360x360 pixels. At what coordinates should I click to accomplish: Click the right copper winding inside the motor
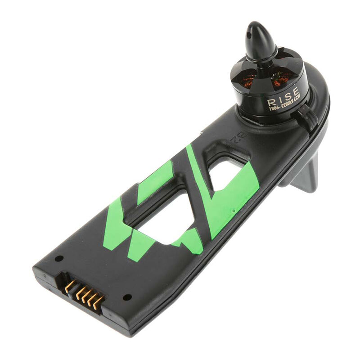tap(281, 80)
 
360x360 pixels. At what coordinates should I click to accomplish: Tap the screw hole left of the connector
tap(59, 259)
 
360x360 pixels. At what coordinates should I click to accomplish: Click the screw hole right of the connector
tap(127, 297)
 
